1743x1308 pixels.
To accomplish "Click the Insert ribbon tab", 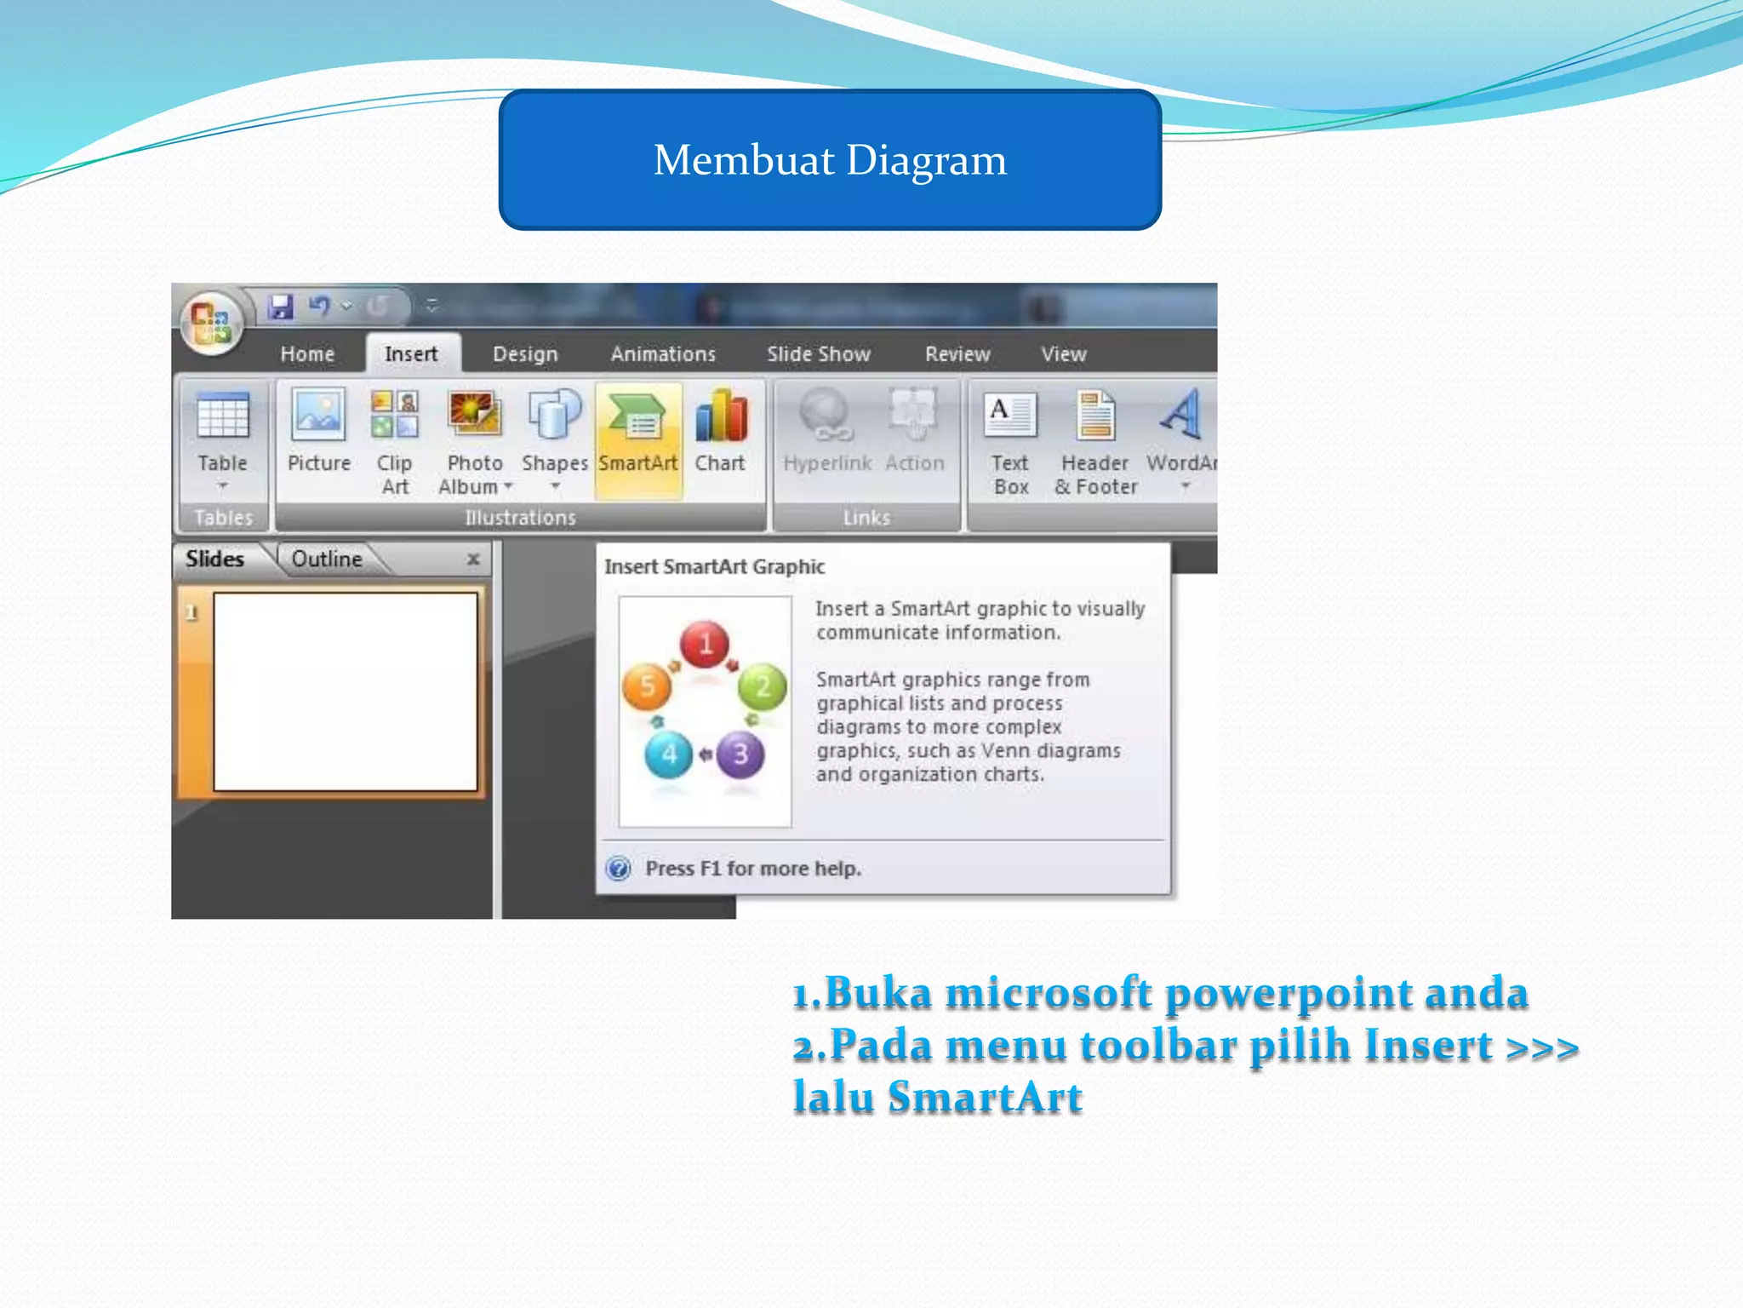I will coord(411,353).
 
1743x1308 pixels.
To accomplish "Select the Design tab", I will coord(525,353).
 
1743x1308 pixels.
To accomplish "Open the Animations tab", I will coord(663,353).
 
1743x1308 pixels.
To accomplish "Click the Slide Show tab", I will coord(819,353).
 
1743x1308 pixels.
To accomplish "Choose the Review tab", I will coord(957,353).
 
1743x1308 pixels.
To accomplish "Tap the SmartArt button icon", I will coord(638,417).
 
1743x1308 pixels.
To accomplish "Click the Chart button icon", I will coord(721,417).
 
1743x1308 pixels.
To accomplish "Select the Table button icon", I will coord(223,417).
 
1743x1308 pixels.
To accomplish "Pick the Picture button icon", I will coord(318,416).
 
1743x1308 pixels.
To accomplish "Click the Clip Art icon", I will coord(395,415).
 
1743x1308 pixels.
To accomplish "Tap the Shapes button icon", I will coord(555,416).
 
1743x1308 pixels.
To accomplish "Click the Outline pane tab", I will coord(327,559).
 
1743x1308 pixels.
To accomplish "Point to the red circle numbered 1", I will coord(705,644).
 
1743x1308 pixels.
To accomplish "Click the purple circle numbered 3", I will coord(740,754).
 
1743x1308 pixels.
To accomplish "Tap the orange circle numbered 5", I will coord(647,686).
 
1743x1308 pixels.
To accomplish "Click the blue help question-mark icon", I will coord(619,869).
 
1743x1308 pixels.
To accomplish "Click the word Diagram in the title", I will coord(926,160).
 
